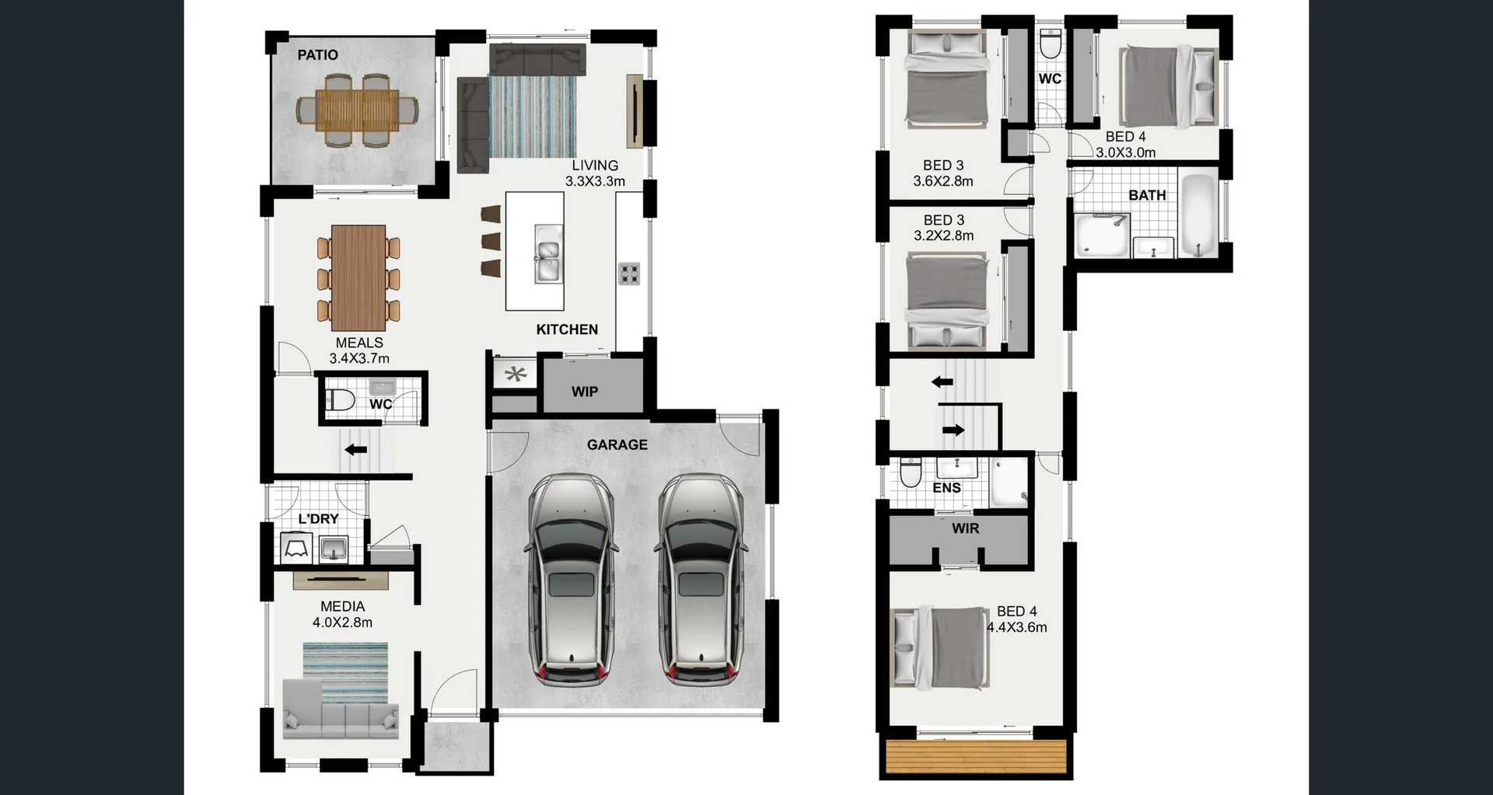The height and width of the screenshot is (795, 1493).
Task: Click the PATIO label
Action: (317, 54)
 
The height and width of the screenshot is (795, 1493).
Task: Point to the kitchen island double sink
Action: (547, 254)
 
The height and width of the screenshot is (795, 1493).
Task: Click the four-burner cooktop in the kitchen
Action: (629, 274)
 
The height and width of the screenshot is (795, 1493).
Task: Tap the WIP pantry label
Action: (585, 392)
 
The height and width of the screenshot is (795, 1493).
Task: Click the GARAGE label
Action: (617, 445)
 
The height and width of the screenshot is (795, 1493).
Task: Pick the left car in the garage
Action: (571, 579)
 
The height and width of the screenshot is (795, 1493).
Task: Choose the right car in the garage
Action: (701, 579)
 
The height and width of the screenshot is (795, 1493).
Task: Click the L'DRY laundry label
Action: (318, 518)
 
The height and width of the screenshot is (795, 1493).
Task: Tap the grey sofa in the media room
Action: (341, 710)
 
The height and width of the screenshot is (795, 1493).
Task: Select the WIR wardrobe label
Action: (966, 528)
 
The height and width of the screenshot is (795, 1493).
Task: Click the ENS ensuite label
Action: (946, 488)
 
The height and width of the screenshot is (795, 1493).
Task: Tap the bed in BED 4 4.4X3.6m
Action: (942, 648)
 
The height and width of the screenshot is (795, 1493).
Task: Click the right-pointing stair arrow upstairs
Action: (953, 430)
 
